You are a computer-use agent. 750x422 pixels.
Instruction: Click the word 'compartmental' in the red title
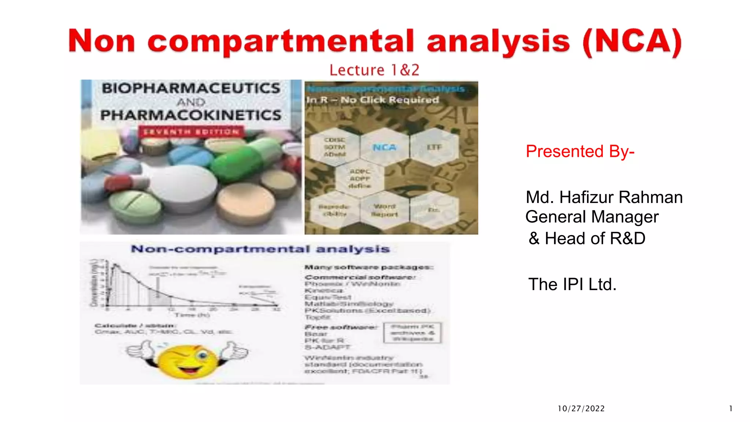(x=281, y=42)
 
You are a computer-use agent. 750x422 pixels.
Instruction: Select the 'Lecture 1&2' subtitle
(x=374, y=70)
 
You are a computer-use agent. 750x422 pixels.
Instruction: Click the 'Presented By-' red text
(x=580, y=151)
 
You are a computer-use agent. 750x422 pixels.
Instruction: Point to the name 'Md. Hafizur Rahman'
(x=604, y=197)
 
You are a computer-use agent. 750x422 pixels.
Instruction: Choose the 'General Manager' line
(x=592, y=217)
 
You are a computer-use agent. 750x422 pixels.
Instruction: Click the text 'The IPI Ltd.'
(x=572, y=284)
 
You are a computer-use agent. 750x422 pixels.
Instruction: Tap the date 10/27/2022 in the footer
(x=581, y=408)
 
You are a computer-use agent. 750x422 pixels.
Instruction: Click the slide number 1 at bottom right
(x=731, y=408)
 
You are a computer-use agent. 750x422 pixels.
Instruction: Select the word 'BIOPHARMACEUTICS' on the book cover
(x=191, y=88)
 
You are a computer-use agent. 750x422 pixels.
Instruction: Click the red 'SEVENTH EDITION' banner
(x=191, y=132)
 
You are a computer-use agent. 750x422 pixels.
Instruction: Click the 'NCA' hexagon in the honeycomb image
(x=385, y=147)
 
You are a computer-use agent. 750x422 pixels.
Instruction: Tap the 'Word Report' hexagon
(x=384, y=211)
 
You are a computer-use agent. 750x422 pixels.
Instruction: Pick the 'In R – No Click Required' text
(x=372, y=100)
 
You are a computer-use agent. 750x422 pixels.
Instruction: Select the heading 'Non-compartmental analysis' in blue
(x=260, y=249)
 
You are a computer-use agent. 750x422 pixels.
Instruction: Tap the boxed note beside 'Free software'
(x=412, y=333)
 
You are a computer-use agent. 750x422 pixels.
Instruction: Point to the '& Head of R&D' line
(x=587, y=238)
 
